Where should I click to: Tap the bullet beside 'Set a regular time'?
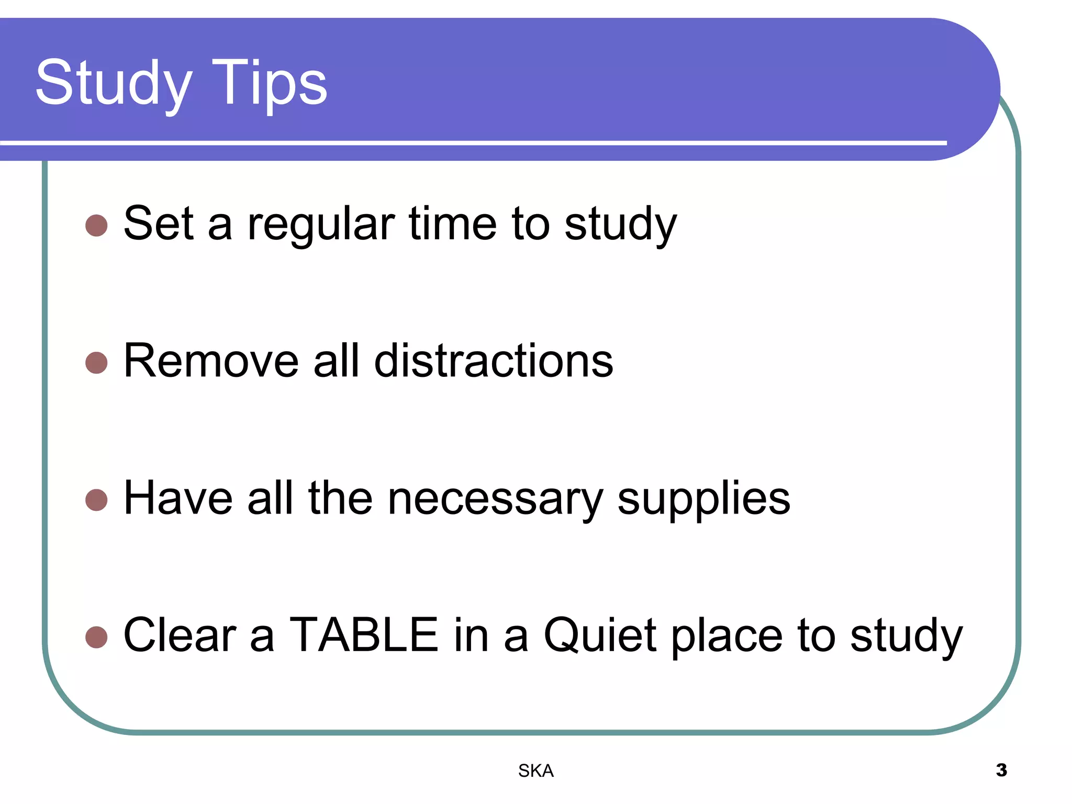pyautogui.click(x=96, y=226)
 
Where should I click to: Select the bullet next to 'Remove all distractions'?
pyautogui.click(x=96, y=363)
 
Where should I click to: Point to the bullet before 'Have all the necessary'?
pyautogui.click(x=96, y=499)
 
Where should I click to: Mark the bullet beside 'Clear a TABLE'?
pyautogui.click(x=96, y=637)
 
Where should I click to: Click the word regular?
pyautogui.click(x=321, y=225)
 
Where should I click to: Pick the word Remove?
pyautogui.click(x=211, y=361)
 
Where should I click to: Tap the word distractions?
pyautogui.click(x=494, y=361)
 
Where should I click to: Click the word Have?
pyautogui.click(x=178, y=498)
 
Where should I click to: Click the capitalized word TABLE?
pyautogui.click(x=364, y=635)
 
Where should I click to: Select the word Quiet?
pyautogui.click(x=600, y=635)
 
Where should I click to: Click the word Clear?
pyautogui.click(x=180, y=635)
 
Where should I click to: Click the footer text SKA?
pyautogui.click(x=535, y=770)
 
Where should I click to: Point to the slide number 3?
pyautogui.click(x=1001, y=770)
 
